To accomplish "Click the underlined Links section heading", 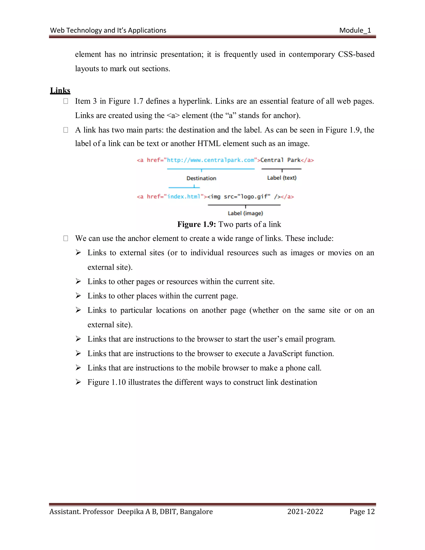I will tap(60, 90).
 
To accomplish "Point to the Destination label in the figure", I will tap(201, 178).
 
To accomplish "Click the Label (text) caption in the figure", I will tap(282, 178).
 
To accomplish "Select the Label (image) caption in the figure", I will tap(245, 213).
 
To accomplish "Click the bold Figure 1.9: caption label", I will tap(196, 224).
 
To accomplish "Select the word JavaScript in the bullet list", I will tap(285, 354).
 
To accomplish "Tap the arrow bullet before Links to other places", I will tap(78, 296).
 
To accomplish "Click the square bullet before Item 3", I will tap(66, 101).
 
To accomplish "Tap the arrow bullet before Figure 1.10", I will tap(78, 382).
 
